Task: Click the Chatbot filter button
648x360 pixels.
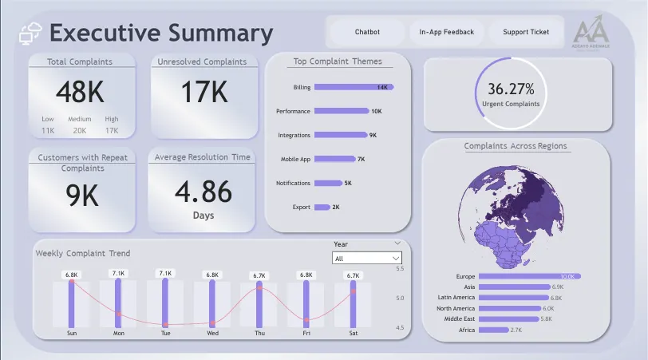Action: click(x=367, y=32)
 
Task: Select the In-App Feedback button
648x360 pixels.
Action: click(x=446, y=32)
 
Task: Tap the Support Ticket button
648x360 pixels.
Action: click(x=526, y=32)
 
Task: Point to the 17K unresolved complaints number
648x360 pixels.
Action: click(x=203, y=93)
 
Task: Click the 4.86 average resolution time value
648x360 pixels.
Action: click(x=203, y=192)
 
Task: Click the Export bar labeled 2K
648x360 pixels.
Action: click(x=322, y=207)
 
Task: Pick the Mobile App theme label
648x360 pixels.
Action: click(x=295, y=159)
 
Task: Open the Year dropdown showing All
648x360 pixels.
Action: click(x=367, y=259)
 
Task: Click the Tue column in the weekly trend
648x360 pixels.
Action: click(x=165, y=303)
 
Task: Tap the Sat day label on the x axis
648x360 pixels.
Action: click(x=353, y=334)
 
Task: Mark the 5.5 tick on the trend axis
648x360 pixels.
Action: click(x=400, y=269)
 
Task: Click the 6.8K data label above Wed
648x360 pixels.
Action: click(x=212, y=275)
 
